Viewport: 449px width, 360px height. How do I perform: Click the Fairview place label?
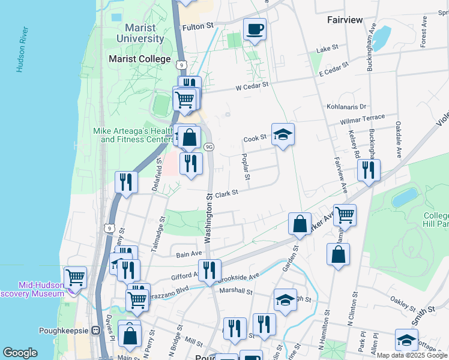tap(345, 20)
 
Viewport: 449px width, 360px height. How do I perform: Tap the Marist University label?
tap(144, 33)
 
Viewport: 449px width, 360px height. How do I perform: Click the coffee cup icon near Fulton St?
tap(255, 29)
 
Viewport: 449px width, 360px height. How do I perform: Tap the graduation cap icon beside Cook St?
tap(283, 134)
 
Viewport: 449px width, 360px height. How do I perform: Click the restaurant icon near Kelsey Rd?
tap(369, 170)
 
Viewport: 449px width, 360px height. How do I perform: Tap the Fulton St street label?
tap(198, 26)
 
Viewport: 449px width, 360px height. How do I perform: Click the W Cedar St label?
tap(250, 87)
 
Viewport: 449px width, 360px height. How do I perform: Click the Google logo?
tap(20, 353)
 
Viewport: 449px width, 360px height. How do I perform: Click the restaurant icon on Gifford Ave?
tap(209, 270)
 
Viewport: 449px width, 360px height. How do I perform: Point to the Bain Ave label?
tap(188, 254)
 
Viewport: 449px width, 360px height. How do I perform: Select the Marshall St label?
tap(236, 292)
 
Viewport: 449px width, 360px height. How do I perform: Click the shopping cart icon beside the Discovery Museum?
tap(76, 277)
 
